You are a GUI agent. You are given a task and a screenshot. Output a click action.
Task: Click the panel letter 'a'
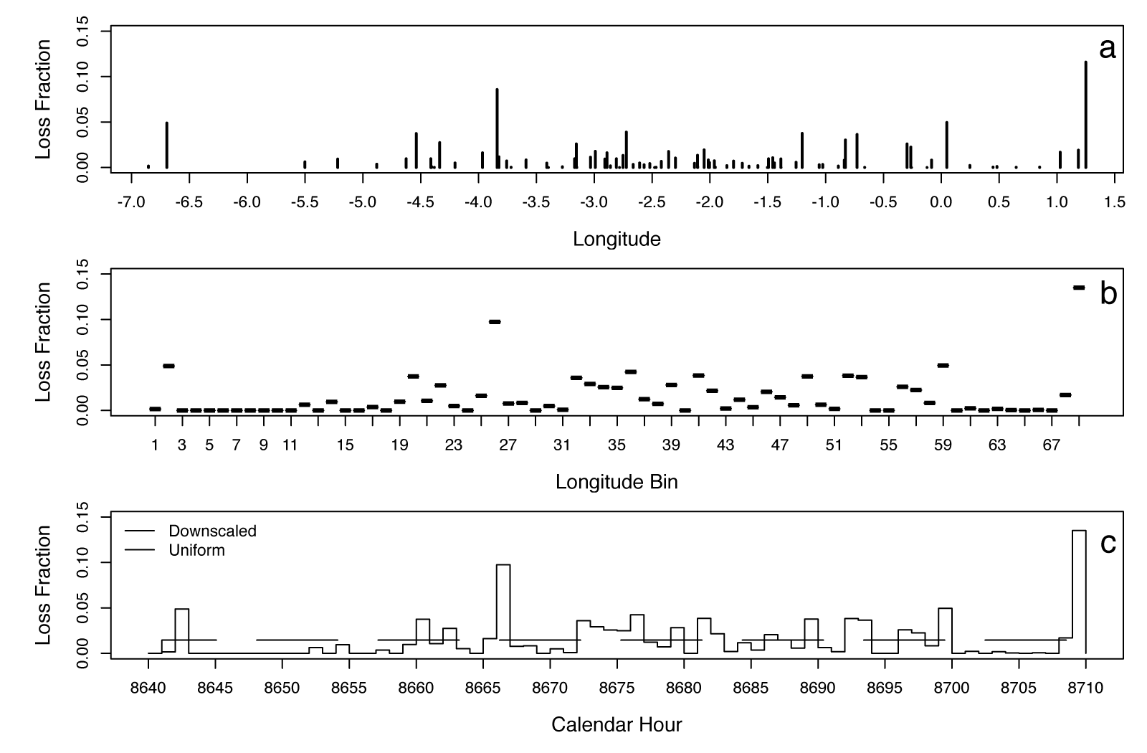(1108, 49)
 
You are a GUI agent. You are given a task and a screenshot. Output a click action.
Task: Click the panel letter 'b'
(1108, 293)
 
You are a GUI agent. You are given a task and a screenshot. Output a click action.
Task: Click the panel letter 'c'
(1108, 544)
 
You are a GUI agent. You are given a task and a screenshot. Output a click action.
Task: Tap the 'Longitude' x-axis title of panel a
(617, 239)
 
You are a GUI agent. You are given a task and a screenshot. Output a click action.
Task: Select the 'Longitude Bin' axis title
(617, 482)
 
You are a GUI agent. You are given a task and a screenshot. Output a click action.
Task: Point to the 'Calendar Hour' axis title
(617, 724)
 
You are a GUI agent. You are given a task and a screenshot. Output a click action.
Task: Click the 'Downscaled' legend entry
(212, 531)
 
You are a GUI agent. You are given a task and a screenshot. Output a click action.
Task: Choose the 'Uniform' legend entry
(196, 551)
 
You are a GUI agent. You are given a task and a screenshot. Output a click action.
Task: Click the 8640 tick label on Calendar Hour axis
(148, 688)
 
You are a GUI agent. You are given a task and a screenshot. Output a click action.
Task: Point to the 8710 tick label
(1085, 688)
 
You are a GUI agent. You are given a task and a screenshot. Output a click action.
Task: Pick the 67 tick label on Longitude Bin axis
(1052, 445)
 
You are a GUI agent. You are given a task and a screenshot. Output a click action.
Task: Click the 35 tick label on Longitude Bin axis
(617, 445)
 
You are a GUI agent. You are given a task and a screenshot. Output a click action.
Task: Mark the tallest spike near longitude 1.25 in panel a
(1085, 115)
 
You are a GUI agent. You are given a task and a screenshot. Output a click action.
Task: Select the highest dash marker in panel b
(1079, 288)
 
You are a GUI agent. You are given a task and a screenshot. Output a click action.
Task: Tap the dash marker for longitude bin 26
(495, 322)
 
